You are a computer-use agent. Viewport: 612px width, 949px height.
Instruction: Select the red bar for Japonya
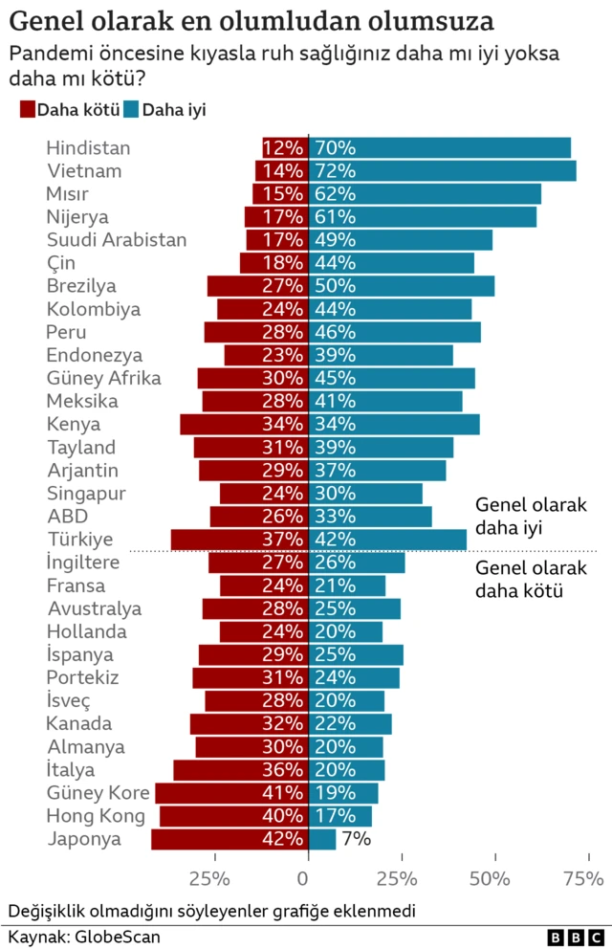[229, 840]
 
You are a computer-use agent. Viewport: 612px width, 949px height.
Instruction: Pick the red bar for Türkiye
[239, 540]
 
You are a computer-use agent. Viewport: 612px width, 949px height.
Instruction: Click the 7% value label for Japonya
[357, 840]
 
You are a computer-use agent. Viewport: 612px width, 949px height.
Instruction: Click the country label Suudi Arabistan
[117, 240]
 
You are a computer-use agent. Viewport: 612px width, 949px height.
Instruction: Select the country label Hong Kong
[97, 816]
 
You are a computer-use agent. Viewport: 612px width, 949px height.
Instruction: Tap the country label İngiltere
[84, 563]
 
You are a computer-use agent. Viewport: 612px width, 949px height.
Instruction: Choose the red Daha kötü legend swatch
[27, 110]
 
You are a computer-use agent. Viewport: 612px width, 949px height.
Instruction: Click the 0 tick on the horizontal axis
[308, 878]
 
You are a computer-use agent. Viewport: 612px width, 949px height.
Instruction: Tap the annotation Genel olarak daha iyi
[530, 516]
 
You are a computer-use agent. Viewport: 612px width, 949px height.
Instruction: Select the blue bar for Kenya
[394, 424]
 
